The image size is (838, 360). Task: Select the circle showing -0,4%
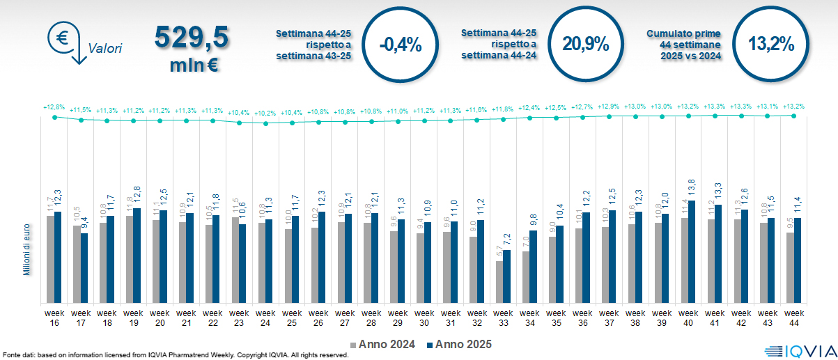tap(401, 45)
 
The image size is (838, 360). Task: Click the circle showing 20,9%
tap(586, 44)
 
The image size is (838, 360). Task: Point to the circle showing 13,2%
tap(771, 44)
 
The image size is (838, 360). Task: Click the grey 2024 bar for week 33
tap(499, 281)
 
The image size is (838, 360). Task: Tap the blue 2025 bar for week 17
tap(84, 267)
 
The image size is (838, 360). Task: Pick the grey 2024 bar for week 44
tap(790, 267)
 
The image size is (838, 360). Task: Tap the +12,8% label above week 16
tap(54, 108)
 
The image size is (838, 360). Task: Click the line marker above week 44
tap(793, 116)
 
